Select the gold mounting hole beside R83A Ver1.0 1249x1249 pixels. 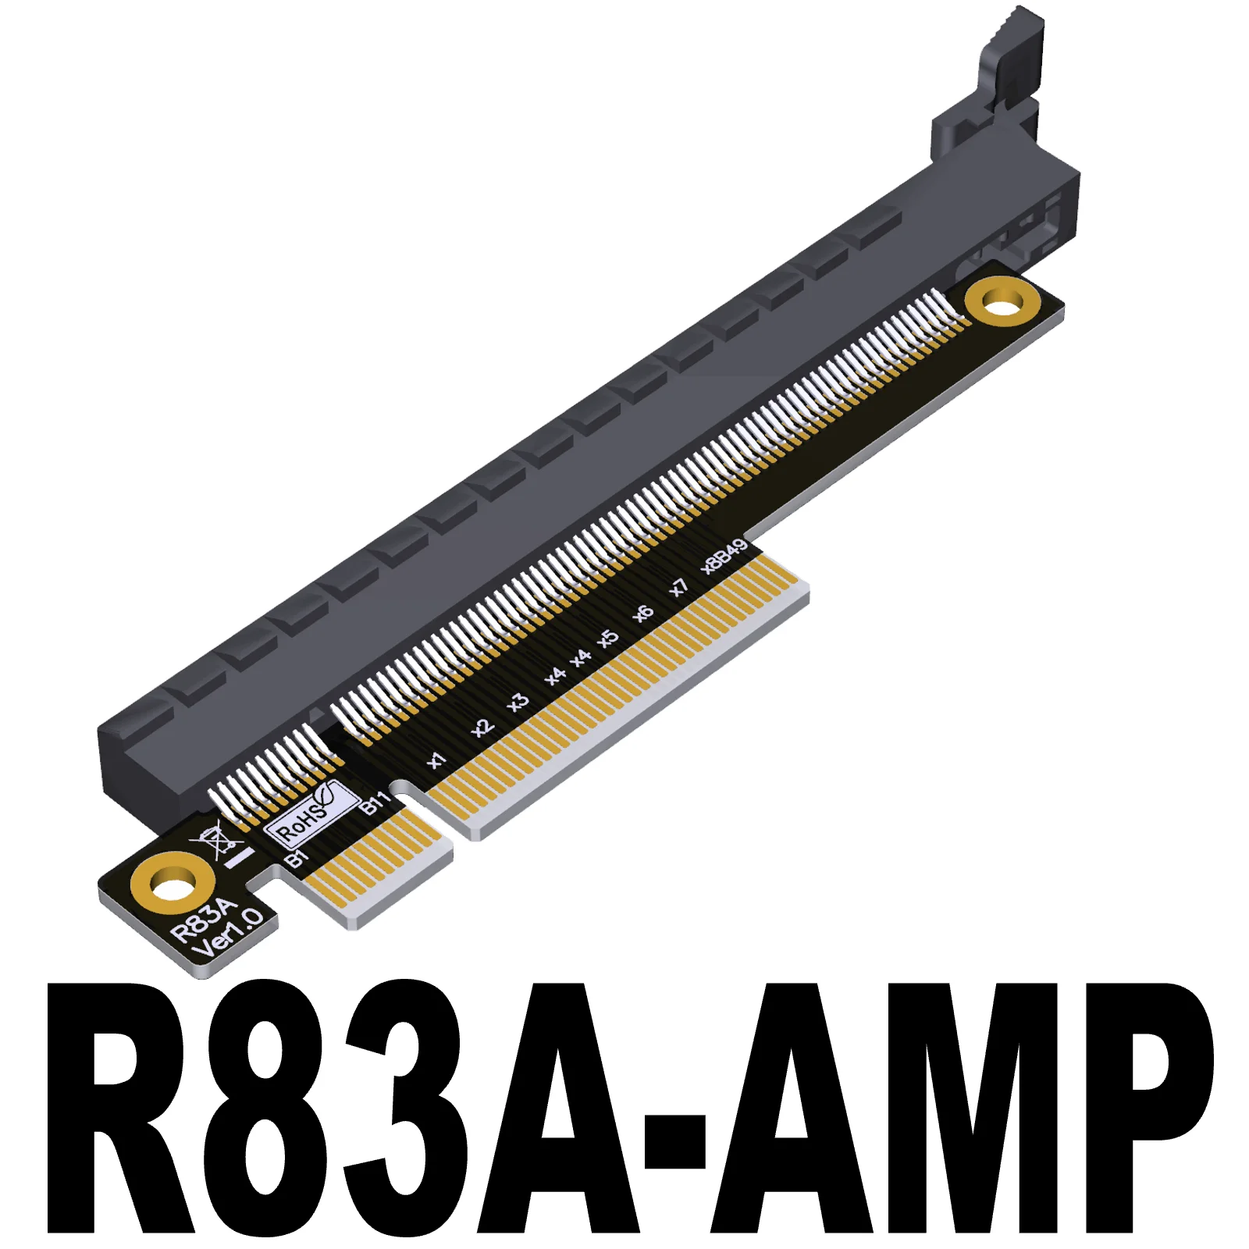tap(173, 886)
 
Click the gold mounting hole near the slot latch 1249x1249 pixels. tap(1002, 301)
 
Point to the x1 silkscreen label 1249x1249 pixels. tap(437, 760)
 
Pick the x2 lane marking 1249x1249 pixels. tap(482, 728)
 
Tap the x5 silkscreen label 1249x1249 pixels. tap(608, 638)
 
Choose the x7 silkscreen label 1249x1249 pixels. tap(679, 587)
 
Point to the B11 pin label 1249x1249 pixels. tap(375, 802)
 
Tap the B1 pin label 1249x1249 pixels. tap(297, 859)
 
